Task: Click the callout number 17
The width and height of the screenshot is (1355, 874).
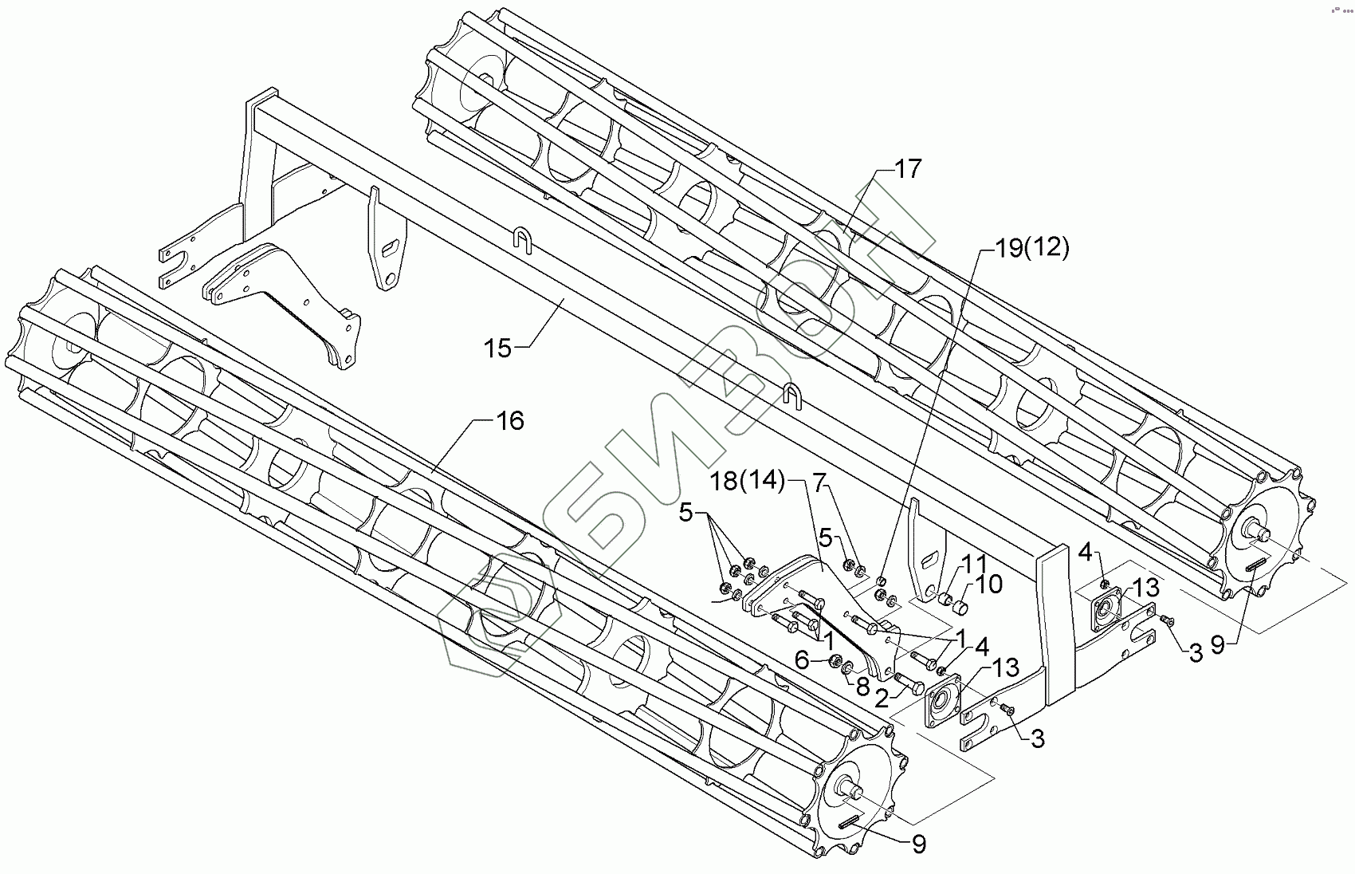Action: pyautogui.click(x=907, y=169)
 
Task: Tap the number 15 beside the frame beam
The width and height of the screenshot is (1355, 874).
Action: pyautogui.click(x=498, y=349)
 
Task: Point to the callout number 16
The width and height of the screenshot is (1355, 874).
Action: pyautogui.click(x=510, y=420)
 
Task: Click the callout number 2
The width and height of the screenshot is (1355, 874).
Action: pyautogui.click(x=881, y=699)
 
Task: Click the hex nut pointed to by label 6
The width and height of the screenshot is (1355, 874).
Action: pyautogui.click(x=835, y=661)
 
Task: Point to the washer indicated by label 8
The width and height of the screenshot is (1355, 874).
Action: pyautogui.click(x=850, y=666)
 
